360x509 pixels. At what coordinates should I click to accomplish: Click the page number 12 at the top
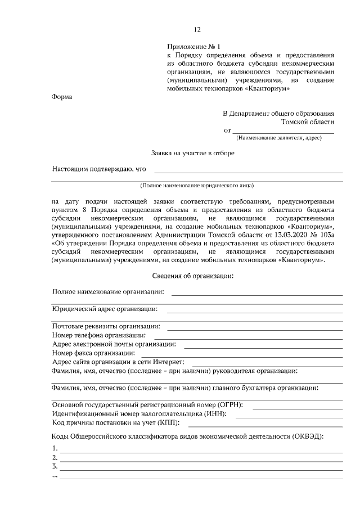tap(197, 30)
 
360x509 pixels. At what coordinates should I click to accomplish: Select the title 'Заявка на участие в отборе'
tap(193, 152)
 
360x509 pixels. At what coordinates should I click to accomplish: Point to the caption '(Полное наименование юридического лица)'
tap(197, 185)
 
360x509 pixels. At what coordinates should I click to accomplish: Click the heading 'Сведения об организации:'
tap(193, 276)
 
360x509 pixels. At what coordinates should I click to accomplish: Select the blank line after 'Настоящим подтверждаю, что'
tap(248, 170)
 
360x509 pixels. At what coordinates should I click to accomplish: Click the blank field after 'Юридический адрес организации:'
tap(254, 310)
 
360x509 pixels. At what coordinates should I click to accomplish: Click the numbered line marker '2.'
tap(55, 457)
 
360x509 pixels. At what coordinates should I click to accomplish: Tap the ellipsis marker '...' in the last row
tap(55, 476)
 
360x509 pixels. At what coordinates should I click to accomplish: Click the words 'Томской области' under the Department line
tap(308, 121)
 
